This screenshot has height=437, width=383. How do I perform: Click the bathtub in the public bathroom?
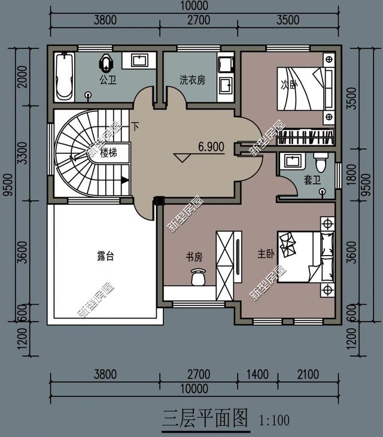click(x=65, y=77)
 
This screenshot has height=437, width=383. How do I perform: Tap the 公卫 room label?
click(x=108, y=80)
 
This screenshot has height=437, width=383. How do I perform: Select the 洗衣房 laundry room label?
click(x=192, y=80)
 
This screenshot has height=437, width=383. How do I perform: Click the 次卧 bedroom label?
click(x=289, y=84)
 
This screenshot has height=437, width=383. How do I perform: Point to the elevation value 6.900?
click(x=211, y=147)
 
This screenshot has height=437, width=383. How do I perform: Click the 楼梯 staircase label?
click(x=109, y=153)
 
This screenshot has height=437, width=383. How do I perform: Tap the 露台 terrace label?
click(x=105, y=256)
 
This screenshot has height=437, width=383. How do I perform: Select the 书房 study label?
click(x=194, y=257)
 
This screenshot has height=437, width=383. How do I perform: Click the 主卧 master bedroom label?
click(x=266, y=254)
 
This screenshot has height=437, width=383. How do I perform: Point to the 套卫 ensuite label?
click(x=312, y=180)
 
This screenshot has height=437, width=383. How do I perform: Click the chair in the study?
click(x=198, y=277)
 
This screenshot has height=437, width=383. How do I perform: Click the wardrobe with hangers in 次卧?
click(x=306, y=137)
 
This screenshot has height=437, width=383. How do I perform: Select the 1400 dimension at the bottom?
click(x=258, y=374)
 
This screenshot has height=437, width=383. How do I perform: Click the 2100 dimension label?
click(x=308, y=374)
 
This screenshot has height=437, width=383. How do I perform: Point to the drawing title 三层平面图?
click(x=205, y=418)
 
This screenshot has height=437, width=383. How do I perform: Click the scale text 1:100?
click(x=274, y=420)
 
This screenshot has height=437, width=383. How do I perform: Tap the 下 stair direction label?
click(x=135, y=127)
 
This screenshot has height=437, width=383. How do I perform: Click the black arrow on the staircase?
click(x=124, y=180)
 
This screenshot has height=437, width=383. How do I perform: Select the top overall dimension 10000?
click(x=194, y=6)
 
